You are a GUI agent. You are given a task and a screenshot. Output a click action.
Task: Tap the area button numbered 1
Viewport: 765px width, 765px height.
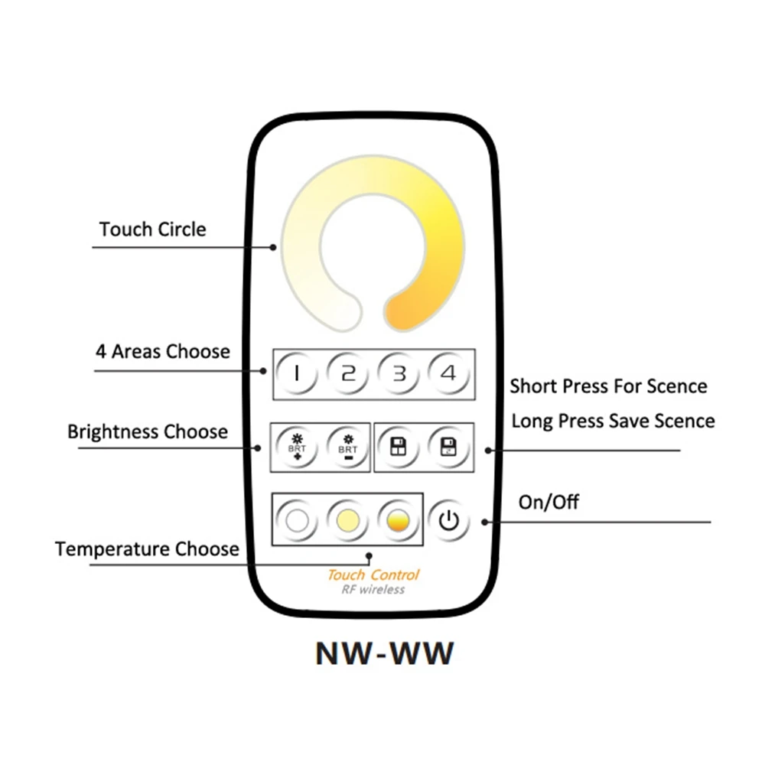pyautogui.click(x=297, y=374)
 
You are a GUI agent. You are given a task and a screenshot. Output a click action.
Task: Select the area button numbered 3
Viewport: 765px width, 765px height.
pyautogui.click(x=399, y=374)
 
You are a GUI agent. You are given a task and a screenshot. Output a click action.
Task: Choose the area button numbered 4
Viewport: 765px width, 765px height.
pyautogui.click(x=449, y=374)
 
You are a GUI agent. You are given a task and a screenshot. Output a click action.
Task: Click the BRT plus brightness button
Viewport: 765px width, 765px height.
pyautogui.click(x=297, y=448)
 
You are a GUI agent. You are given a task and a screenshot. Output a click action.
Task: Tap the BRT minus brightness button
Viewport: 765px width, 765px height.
pyautogui.click(x=347, y=448)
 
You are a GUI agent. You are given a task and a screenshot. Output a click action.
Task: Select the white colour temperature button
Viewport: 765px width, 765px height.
pyautogui.click(x=297, y=520)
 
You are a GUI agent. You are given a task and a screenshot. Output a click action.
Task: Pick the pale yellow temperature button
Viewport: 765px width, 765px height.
pyautogui.click(x=347, y=520)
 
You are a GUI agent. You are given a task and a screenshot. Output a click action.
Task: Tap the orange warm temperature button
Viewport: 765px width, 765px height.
pyautogui.click(x=398, y=520)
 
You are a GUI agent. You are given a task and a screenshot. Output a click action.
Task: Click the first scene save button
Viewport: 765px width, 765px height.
pyautogui.click(x=399, y=448)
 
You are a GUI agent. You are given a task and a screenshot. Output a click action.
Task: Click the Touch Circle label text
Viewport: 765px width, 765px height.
pyautogui.click(x=153, y=229)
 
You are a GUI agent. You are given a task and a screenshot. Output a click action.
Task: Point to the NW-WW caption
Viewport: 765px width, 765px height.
pyautogui.click(x=385, y=654)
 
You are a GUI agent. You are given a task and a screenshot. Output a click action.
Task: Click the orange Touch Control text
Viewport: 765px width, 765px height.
pyautogui.click(x=373, y=575)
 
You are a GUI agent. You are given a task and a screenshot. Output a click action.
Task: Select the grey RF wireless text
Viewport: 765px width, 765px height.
pyautogui.click(x=373, y=590)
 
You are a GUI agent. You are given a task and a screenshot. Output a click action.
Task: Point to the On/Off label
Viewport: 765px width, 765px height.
pyautogui.click(x=549, y=502)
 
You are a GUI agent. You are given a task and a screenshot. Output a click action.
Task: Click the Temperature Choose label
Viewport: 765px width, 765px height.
pyautogui.click(x=147, y=549)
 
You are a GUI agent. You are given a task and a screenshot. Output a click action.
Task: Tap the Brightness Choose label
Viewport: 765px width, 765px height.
pyautogui.click(x=148, y=431)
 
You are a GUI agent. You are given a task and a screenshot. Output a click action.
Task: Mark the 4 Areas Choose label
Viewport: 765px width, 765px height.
pyautogui.click(x=162, y=351)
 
